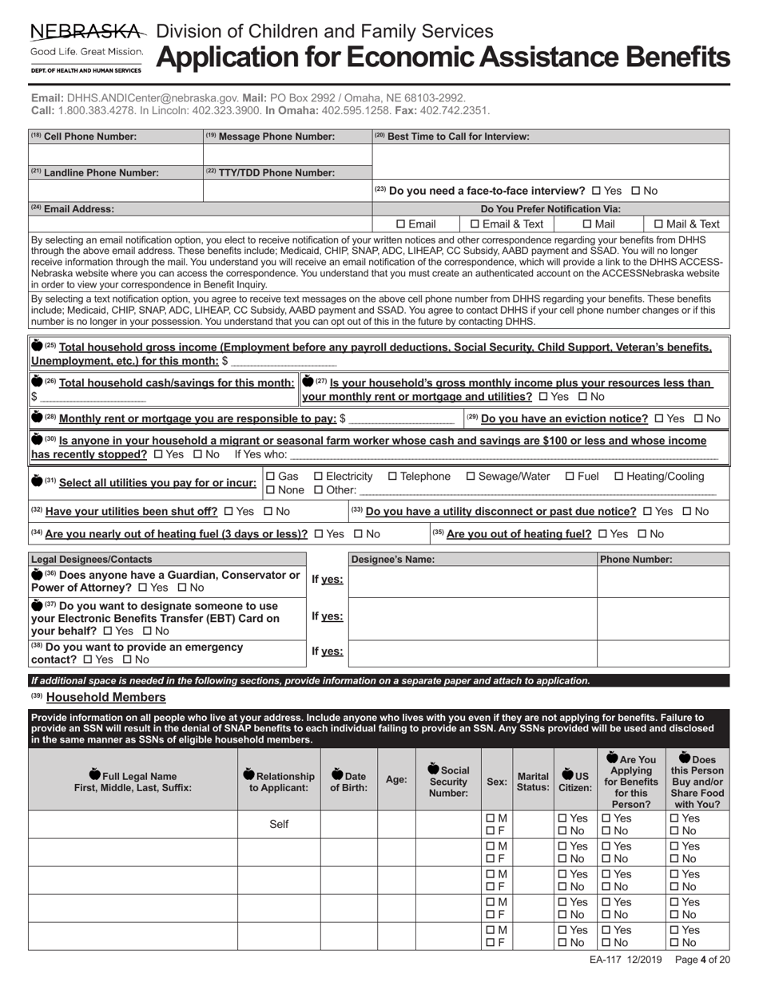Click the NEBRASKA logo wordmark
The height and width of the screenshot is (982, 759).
[88, 32]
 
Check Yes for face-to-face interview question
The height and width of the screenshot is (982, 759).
[596, 191]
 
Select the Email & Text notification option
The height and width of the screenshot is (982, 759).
[475, 224]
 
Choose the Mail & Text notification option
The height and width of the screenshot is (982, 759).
[659, 224]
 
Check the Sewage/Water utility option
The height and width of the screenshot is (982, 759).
[471, 477]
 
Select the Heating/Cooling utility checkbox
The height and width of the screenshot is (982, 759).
[618, 477]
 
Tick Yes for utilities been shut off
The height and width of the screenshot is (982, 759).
[228, 511]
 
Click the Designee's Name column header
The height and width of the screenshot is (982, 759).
[393, 560]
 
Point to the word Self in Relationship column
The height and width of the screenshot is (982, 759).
[279, 824]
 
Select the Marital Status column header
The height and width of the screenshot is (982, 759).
[533, 781]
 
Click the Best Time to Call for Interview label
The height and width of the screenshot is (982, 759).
[455, 137]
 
